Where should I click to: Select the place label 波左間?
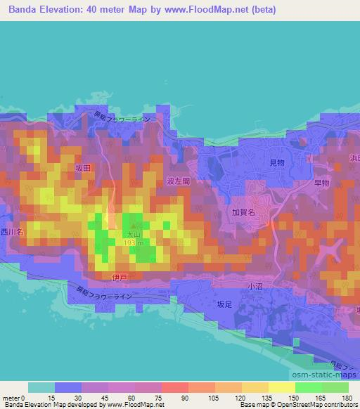(x=179, y=181)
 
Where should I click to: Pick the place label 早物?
(x=321, y=182)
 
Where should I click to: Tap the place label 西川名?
(x=12, y=231)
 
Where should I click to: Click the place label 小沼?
(x=255, y=287)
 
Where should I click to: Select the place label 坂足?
(x=224, y=304)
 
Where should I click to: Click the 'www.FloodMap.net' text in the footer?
(x=141, y=405)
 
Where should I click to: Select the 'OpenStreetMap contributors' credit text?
(x=318, y=405)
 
